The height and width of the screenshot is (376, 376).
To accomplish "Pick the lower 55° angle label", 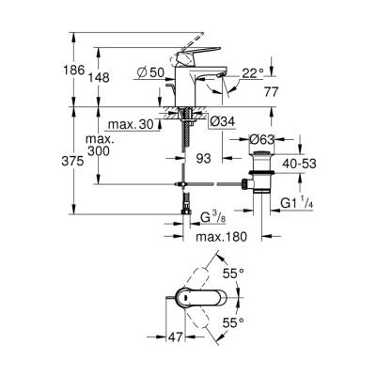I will pyautogui.click(x=233, y=321).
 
